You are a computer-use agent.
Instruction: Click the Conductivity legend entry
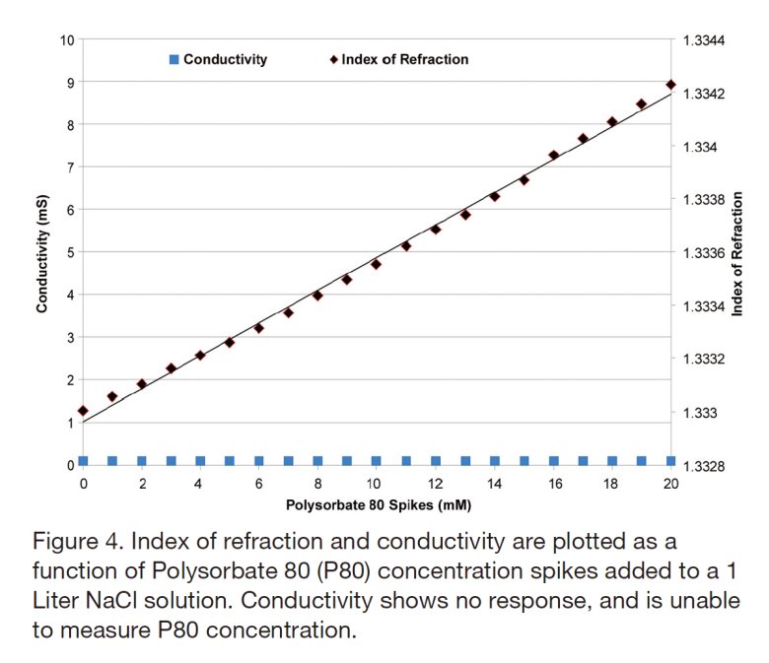226,59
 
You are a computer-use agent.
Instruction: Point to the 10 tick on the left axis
67,40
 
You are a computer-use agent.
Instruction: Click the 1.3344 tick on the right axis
705,40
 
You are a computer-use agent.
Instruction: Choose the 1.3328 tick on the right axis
705,465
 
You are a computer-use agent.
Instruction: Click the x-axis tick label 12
435,484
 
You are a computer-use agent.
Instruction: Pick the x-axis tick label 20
670,484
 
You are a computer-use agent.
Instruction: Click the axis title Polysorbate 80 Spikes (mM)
377,505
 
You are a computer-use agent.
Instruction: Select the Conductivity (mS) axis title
42,252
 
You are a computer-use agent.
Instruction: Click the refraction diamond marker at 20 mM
670,85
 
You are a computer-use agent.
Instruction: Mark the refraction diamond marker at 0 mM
84,411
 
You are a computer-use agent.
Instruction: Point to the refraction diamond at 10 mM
376,264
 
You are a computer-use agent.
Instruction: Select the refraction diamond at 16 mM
553,156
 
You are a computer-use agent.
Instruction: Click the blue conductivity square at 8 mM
317,460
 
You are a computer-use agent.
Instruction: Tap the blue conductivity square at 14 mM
494,460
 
